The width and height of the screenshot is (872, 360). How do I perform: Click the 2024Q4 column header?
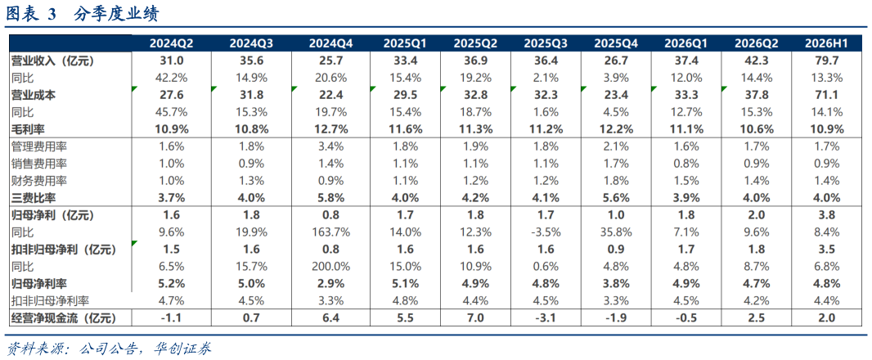329,44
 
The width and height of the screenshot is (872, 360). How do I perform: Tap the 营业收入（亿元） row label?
53,61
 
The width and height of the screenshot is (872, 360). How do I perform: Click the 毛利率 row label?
27,129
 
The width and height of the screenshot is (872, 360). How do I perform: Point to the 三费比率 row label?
32,198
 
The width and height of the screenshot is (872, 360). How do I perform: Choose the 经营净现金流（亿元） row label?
63,319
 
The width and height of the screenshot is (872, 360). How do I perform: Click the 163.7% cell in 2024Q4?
329,232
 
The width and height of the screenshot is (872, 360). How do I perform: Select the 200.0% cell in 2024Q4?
329,267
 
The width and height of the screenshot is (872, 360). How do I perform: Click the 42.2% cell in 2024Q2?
169,78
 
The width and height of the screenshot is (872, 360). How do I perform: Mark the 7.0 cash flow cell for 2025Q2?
474,319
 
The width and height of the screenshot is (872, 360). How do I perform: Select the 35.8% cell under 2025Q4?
615,232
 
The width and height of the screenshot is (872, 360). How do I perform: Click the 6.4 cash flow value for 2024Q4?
329,319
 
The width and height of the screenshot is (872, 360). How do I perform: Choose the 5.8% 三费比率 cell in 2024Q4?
329,198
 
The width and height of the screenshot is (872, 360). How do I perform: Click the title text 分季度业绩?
116,14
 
